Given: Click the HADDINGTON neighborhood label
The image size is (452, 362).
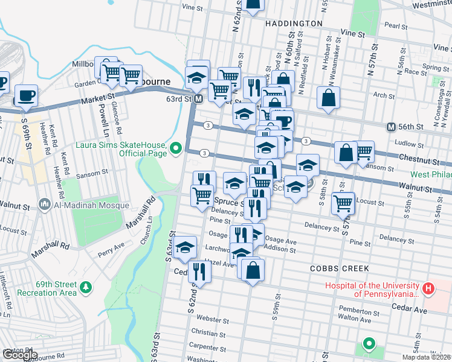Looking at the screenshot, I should tap(294, 23).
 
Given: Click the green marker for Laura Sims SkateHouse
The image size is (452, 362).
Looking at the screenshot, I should tap(176, 147).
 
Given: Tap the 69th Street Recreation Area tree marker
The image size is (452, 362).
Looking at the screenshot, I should tap(86, 285).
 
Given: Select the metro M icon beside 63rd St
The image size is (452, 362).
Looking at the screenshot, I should tap(198, 98).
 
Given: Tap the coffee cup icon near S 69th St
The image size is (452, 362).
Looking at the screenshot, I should tap(26, 95).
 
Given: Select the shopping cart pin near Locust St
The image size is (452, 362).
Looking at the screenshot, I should tap(343, 203).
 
